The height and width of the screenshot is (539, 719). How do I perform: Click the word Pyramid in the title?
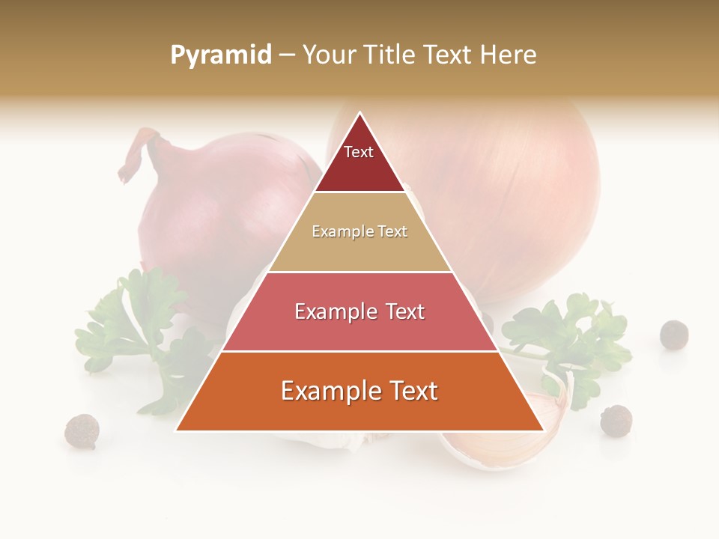(x=220, y=55)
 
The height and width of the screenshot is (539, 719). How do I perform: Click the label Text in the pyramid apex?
(x=358, y=152)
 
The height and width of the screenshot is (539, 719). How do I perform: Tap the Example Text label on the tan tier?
(x=359, y=231)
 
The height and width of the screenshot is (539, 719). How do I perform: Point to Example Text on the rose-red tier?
(x=359, y=311)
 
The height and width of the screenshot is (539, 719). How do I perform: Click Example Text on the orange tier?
(x=359, y=391)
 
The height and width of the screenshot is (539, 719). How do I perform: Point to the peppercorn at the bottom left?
(x=81, y=431)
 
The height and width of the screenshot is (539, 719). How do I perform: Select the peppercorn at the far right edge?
(x=674, y=334)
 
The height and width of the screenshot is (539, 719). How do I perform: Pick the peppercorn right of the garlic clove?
(x=616, y=420)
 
